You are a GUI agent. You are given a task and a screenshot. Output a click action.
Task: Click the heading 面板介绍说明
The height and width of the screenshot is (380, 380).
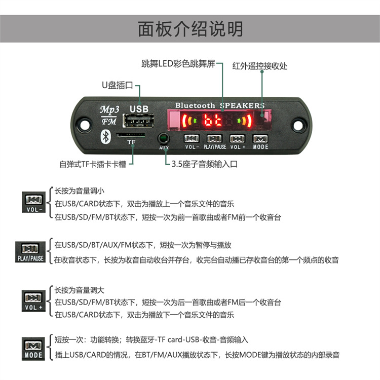pos(191,29)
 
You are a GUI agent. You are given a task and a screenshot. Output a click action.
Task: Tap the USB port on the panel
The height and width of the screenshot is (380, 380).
pos(139,121)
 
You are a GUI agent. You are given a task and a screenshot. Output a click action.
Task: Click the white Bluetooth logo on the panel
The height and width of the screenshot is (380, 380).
pos(106,137)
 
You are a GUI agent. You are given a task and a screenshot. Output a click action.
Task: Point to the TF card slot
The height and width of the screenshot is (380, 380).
pos(131,135)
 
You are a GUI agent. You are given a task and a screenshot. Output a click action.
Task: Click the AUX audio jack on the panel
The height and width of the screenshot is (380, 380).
pos(164,139)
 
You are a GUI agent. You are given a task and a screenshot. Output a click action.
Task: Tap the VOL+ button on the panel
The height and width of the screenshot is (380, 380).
pos(237,139)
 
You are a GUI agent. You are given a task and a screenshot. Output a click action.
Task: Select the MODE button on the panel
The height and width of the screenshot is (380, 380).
pos(260,139)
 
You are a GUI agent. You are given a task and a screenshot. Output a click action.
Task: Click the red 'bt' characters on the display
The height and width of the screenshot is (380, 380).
pos(213,120)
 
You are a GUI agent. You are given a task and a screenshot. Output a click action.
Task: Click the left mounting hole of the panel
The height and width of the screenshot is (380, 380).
pos(84,125)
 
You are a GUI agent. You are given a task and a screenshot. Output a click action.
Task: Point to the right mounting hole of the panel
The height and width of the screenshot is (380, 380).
pos(298,125)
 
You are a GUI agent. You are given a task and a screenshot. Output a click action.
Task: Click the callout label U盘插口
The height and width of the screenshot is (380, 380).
pos(118,85)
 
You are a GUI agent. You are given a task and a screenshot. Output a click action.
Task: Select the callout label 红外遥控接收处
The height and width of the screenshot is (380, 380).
pos(260,66)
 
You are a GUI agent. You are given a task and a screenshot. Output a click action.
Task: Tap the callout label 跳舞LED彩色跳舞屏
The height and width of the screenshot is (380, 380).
pos(178,64)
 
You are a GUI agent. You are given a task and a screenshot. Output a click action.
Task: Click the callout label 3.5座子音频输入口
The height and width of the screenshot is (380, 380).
pos(205,164)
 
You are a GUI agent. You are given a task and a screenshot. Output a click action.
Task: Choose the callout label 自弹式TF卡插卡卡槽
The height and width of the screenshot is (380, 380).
pos(93,164)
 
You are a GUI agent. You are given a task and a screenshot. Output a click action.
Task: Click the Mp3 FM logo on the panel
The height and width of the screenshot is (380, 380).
pos(109,116)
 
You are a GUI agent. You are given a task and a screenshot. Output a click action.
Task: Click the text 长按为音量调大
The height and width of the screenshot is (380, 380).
pos(79,290)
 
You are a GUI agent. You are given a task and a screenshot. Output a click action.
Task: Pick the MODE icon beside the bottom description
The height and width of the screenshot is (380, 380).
pos(33,349)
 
